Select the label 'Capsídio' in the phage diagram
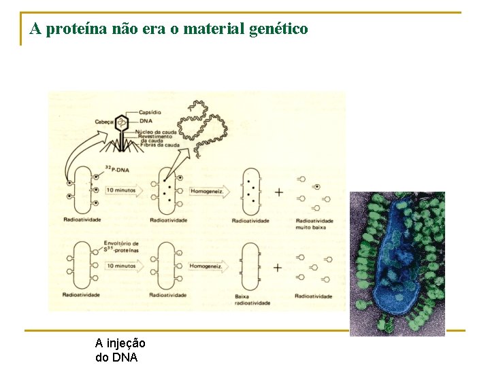pos(150,112)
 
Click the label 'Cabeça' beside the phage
pos(104,122)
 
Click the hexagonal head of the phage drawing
pos(121,123)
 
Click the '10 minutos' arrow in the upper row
pos(125,192)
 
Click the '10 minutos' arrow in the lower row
pos(125,266)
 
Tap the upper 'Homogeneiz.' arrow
pos(208,192)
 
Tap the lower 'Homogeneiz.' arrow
pos(208,266)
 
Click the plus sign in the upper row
pos(278,192)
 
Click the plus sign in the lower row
pos(278,267)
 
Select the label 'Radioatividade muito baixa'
pos(314,224)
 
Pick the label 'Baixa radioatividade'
pos(252,299)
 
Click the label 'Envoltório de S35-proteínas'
pos(121,247)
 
